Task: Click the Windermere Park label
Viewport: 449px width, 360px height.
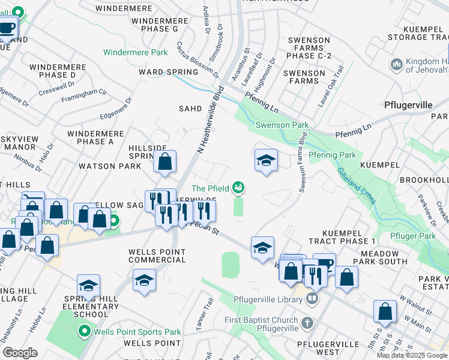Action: coord(135,52)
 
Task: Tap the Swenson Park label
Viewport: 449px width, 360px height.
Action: coord(282,125)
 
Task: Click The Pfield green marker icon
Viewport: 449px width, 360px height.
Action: coord(239,188)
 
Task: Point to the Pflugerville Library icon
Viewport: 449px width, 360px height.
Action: coord(313,298)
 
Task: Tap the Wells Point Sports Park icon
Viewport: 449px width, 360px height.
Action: coord(84,331)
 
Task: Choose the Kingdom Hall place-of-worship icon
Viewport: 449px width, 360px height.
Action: coord(396,64)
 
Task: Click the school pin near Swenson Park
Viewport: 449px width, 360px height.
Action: coord(266,160)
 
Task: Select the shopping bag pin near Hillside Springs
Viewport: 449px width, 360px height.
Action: coord(164,161)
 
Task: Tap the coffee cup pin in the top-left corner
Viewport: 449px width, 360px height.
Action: coord(7,28)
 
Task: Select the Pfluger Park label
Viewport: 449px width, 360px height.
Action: coord(412,236)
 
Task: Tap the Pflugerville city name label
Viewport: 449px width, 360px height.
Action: coord(408,104)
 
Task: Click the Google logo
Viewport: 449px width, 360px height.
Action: coord(20,353)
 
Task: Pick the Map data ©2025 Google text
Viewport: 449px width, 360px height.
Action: coord(411,355)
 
